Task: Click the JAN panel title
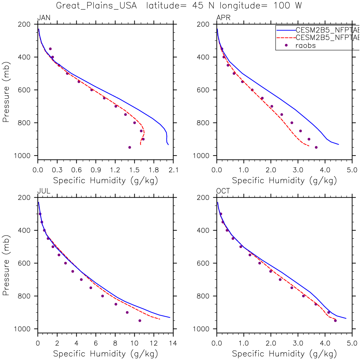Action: coord(44,18)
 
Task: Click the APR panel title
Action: coord(223,18)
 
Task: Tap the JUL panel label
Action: coord(44,191)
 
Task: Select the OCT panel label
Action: coord(223,191)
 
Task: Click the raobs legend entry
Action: coord(305,46)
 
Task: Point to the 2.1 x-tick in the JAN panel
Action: coord(173,170)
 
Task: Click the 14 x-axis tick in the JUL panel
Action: coord(173,343)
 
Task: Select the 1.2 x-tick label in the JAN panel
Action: coord(115,170)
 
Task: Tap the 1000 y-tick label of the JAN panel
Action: coord(22,156)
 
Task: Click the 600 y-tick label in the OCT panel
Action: coord(203,263)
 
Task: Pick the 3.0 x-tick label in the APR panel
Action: coord(298,170)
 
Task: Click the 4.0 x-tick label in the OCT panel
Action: coord(325,343)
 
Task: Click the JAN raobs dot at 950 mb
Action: coord(130,147)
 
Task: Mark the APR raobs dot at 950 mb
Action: coord(316,147)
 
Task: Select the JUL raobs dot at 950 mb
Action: coord(140,321)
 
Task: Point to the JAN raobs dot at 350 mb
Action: coord(50,49)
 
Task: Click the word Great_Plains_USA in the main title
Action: coord(96,6)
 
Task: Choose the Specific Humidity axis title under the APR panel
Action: coord(284,181)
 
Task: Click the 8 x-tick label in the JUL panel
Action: coord(115,343)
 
